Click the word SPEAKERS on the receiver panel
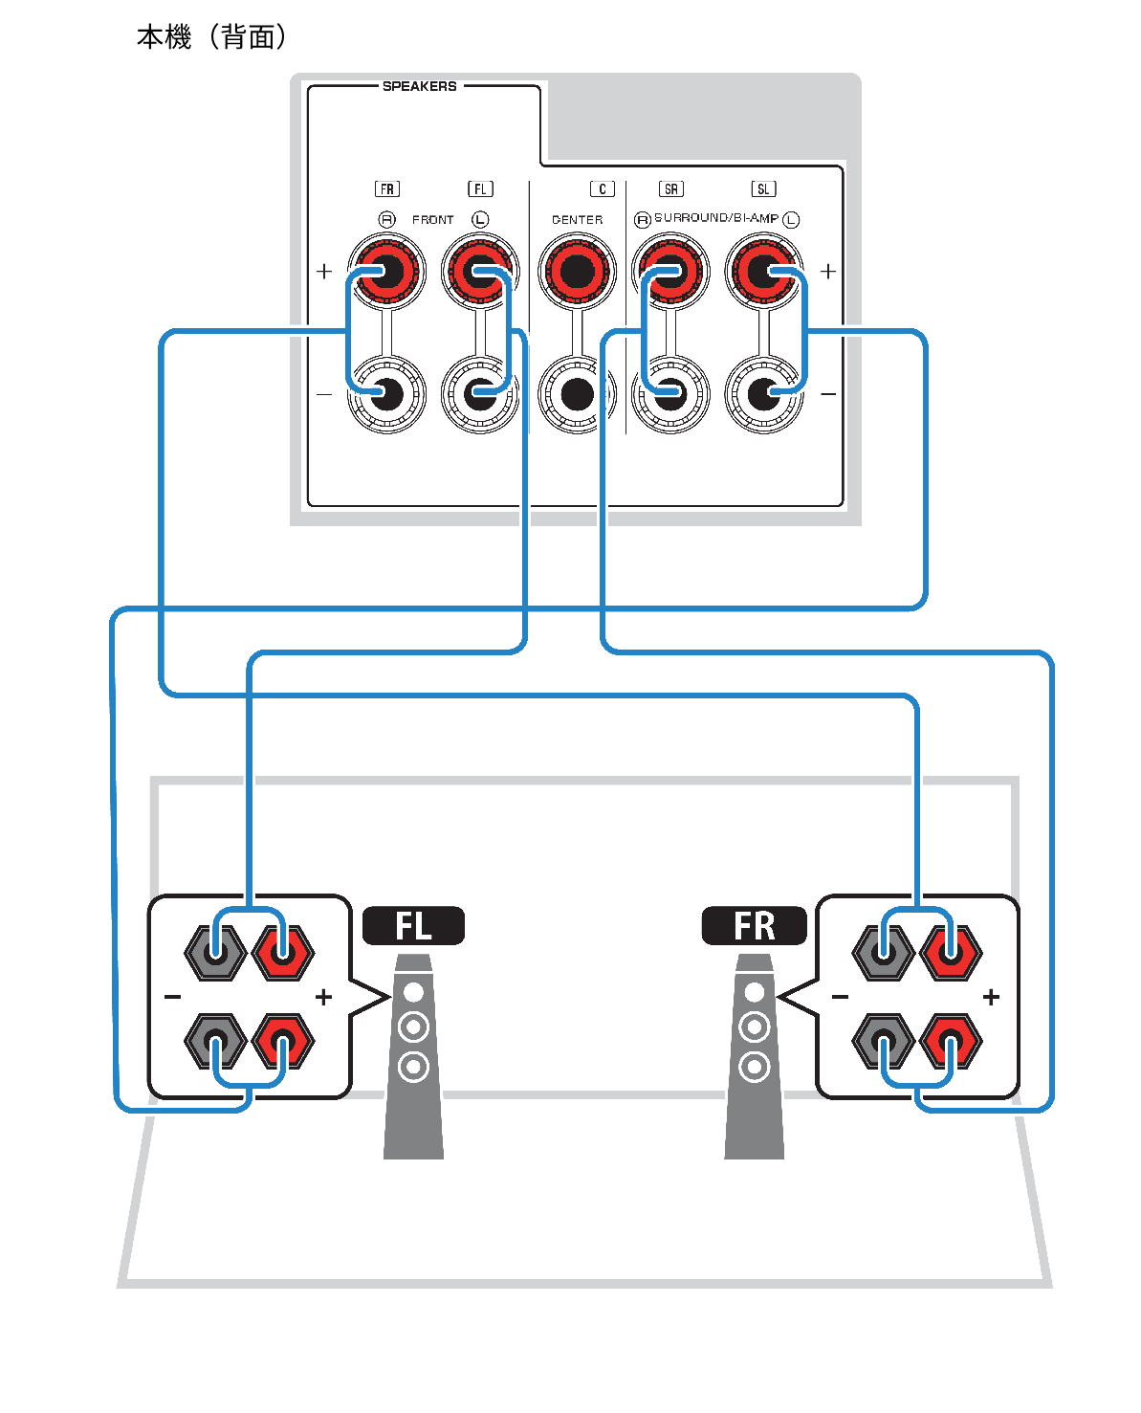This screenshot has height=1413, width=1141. point(419,86)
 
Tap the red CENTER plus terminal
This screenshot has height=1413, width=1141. point(576,271)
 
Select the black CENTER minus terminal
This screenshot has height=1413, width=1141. point(576,393)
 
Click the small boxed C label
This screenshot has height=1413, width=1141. point(602,189)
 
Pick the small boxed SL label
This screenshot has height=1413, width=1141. point(763,189)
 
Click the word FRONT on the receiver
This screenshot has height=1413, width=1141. point(433,220)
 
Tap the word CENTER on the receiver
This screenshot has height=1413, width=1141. point(577,220)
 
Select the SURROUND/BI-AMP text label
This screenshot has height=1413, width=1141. point(715,219)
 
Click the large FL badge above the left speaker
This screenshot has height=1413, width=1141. point(413,926)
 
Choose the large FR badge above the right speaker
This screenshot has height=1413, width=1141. point(754,926)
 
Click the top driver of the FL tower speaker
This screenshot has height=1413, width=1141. point(413,992)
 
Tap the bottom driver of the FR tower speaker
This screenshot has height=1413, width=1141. point(755,1065)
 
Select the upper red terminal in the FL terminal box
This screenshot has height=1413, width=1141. point(283,952)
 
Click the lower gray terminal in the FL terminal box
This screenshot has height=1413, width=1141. point(215,1041)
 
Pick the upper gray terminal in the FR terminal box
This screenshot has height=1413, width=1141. point(883,952)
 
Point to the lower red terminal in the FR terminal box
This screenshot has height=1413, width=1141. point(951,1041)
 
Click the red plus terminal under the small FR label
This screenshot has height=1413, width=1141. point(385,271)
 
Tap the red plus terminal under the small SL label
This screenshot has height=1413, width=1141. point(762,271)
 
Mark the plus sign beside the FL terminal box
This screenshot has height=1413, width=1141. point(323,997)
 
